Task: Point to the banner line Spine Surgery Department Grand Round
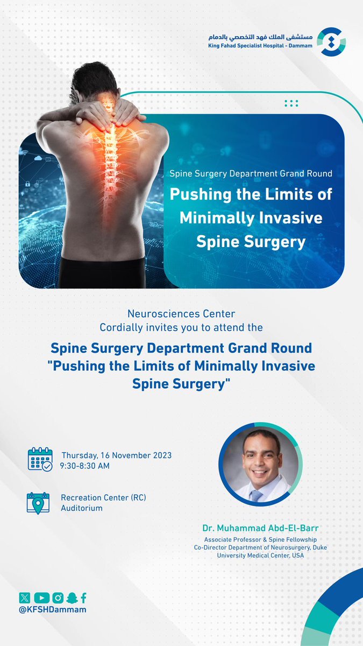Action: point(251,174)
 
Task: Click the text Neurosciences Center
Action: point(181,313)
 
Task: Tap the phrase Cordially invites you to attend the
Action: point(181,326)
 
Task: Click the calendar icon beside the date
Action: point(40,460)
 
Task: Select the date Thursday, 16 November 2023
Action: point(117,455)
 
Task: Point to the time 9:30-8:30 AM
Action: point(86,466)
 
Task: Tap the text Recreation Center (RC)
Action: point(103,497)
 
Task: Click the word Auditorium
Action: point(82,508)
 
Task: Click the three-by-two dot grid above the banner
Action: point(291,103)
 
